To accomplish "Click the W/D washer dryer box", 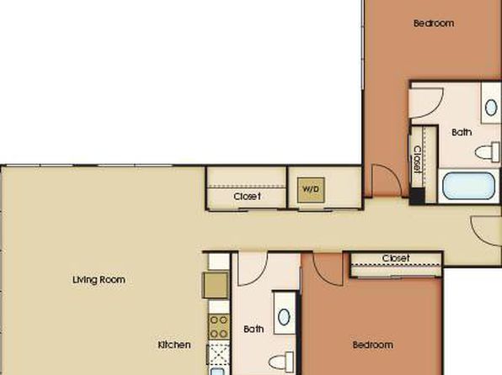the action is click(x=311, y=190).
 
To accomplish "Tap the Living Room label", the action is click(x=99, y=280).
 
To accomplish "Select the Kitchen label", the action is click(x=174, y=345).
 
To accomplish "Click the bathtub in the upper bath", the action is click(x=468, y=186).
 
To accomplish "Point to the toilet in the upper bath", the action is click(x=488, y=152).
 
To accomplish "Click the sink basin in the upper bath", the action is click(x=491, y=108).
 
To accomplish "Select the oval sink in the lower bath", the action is click(x=284, y=317).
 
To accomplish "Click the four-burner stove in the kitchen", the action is click(x=219, y=326).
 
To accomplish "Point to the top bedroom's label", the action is click(x=434, y=24).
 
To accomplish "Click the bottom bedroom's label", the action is click(x=373, y=345).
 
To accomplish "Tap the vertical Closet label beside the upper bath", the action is click(x=418, y=159).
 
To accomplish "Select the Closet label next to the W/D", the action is click(x=247, y=196).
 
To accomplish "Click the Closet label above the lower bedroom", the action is click(x=396, y=258).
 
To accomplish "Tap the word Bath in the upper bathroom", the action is click(x=462, y=132).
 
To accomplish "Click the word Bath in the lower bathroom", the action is click(x=254, y=329).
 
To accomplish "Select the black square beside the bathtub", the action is click(x=418, y=196).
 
